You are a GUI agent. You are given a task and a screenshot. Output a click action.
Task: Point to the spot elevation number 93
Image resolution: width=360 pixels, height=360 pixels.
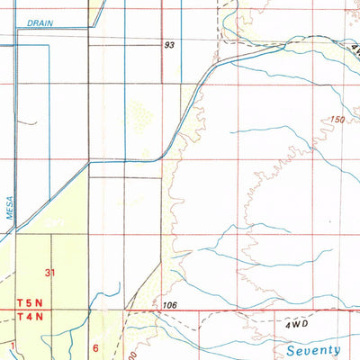[x=169, y=44]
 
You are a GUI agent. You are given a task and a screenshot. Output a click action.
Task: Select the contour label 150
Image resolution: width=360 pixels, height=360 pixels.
[x=337, y=119]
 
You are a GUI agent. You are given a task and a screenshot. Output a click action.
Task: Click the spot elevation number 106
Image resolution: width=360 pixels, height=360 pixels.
[x=169, y=306]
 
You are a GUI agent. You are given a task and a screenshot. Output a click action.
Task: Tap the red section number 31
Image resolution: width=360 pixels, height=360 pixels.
[x=50, y=272]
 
